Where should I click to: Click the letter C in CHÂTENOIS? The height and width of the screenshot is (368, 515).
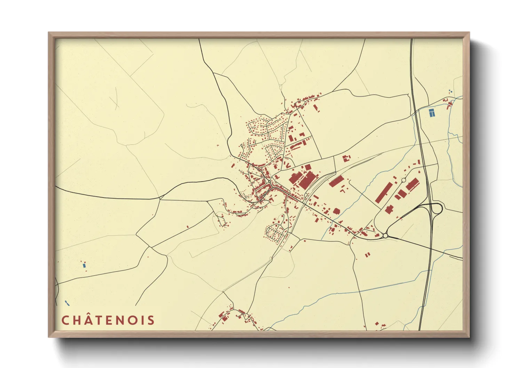point(65,320)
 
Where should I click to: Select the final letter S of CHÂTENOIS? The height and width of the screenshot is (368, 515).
point(151,320)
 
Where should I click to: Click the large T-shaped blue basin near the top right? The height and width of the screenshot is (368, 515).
point(431,113)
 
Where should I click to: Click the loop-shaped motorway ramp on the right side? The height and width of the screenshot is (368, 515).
point(436,209)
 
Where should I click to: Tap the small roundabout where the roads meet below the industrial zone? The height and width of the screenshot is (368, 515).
point(385,236)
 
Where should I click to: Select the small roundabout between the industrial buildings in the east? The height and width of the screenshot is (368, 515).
point(404,180)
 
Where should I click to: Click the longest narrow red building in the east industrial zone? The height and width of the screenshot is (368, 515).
point(384,192)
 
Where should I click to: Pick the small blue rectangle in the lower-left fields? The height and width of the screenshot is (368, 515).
point(84,265)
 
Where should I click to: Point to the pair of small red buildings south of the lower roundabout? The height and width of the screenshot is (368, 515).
point(367,255)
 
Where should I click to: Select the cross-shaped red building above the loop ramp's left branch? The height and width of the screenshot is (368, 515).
point(389,209)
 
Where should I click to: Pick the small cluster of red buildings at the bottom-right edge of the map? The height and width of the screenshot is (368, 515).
point(380,326)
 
